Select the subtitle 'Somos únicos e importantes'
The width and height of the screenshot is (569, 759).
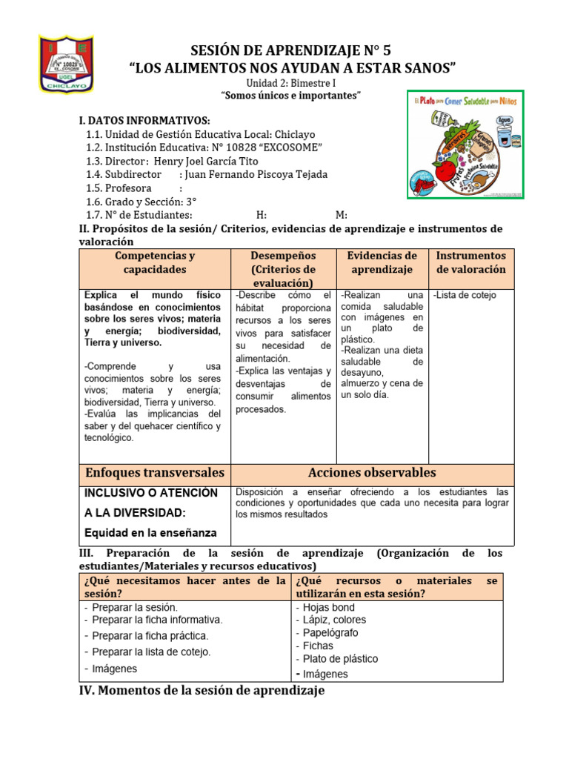tap(291, 96)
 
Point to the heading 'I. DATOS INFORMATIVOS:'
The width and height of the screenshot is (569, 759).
tap(144, 121)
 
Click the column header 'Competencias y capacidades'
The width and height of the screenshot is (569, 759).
tap(155, 262)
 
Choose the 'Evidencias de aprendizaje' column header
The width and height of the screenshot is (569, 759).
tap(382, 262)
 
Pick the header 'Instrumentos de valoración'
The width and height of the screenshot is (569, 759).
tap(470, 262)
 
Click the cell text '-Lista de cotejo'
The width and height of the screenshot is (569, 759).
tap(465, 295)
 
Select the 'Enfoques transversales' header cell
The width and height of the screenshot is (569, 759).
tap(155, 473)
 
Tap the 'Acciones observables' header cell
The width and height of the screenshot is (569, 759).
tap(372, 473)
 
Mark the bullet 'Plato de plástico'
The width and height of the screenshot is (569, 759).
tap(340, 658)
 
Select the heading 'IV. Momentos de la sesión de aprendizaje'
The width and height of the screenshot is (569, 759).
tap(202, 691)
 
